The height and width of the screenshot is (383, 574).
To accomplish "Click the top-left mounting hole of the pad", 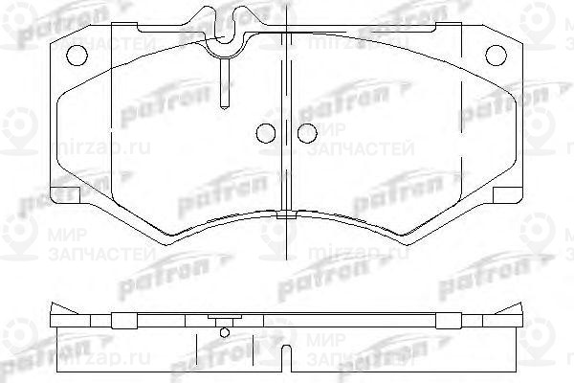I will [72, 53].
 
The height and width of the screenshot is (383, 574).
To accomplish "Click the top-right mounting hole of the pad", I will [494, 54].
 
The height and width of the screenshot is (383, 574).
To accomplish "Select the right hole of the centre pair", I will [306, 135].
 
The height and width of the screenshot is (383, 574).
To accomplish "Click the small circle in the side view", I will [225, 333].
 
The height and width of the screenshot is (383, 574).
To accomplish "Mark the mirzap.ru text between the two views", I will [344, 257].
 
